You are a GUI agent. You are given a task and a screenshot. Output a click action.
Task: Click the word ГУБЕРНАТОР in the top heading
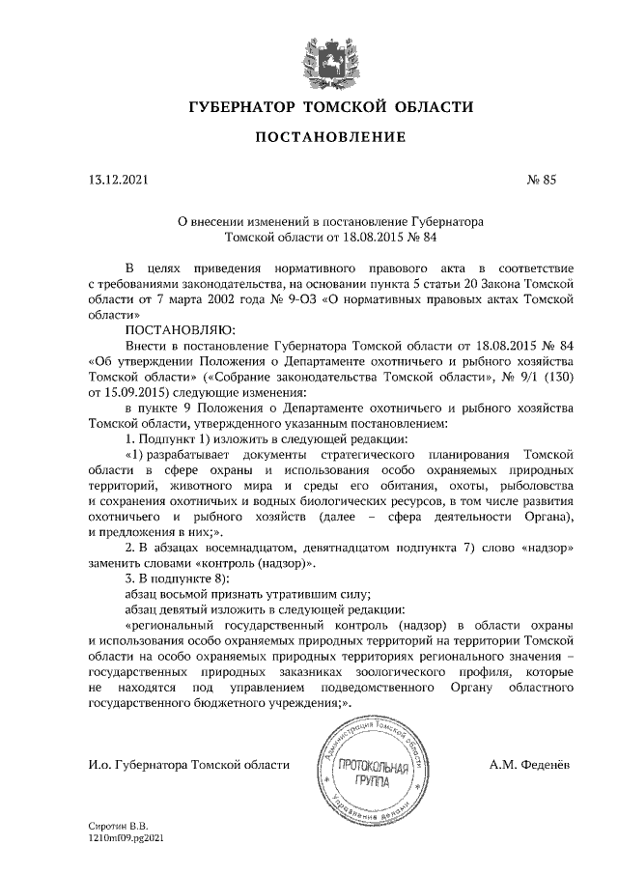coord(241,105)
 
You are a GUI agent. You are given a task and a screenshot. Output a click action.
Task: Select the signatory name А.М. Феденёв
coord(530,765)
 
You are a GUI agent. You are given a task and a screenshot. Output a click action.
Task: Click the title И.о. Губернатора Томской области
coord(188,765)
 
